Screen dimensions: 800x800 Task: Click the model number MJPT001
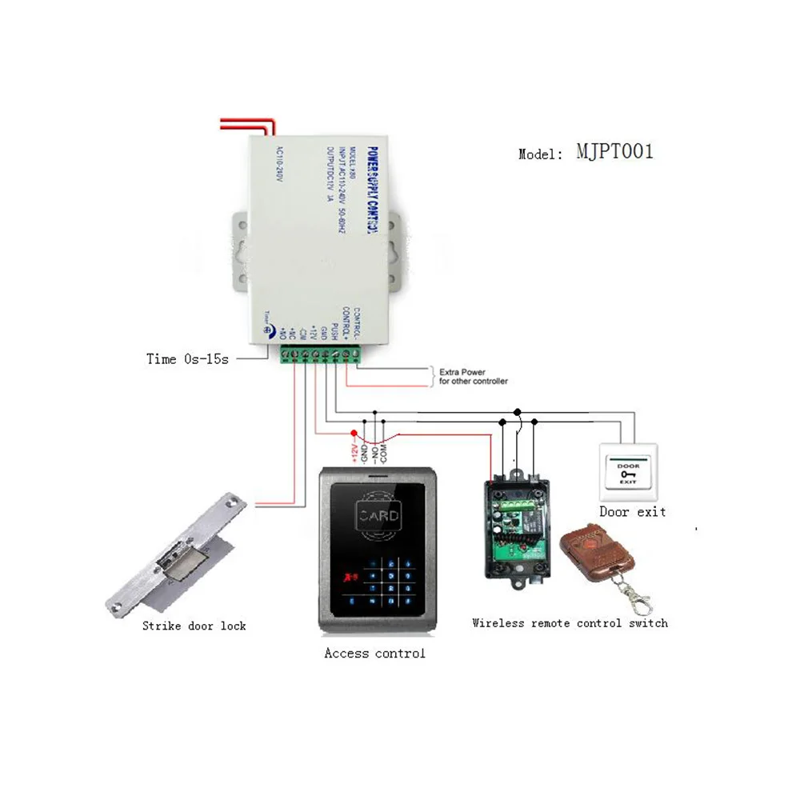(x=614, y=151)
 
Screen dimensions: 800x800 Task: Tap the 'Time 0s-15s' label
(x=187, y=359)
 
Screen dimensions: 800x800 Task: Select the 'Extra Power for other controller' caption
(x=473, y=376)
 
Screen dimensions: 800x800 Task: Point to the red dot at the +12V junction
(x=354, y=433)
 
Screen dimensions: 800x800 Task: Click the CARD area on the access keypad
(x=379, y=515)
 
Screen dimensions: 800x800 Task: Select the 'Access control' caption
(x=374, y=654)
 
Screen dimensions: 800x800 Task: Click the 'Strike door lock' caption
(x=194, y=626)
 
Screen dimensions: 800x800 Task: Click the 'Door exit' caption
(x=632, y=511)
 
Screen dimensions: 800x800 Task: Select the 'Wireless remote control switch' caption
(x=570, y=622)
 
